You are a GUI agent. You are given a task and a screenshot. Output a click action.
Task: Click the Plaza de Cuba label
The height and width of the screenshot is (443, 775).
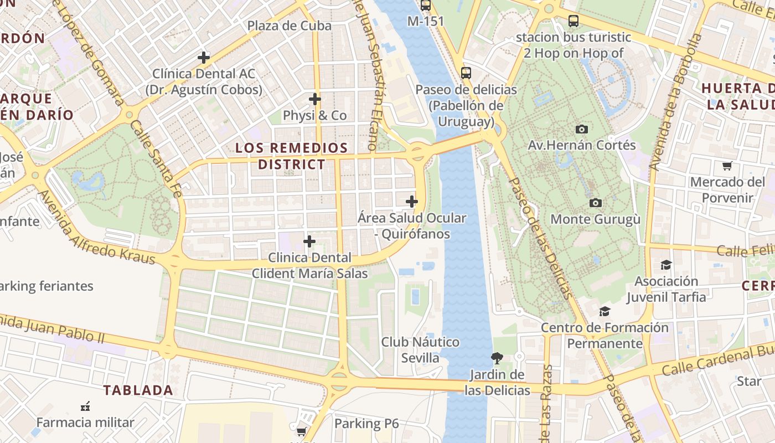coord(289,25)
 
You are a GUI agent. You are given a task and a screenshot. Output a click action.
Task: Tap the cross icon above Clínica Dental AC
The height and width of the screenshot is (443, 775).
coord(204,57)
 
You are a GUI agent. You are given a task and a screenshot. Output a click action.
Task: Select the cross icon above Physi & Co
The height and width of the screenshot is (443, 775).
coord(315,99)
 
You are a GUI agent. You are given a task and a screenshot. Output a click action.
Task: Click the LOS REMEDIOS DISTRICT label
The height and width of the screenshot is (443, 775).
coord(292,156)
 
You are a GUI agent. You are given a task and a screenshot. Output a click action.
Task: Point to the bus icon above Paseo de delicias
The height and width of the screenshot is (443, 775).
coord(466,73)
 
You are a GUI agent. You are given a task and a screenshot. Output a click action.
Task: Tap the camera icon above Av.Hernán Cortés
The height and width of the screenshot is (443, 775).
coord(581,129)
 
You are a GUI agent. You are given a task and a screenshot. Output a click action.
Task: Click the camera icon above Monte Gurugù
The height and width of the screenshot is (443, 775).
coord(595,203)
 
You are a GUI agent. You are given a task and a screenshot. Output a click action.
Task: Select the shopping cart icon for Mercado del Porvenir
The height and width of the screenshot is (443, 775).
coord(727,166)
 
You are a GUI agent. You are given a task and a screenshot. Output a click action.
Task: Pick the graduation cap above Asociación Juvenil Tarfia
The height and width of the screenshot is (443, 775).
coord(666,265)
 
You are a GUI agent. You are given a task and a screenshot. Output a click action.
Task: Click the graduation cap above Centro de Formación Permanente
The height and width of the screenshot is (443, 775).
coord(604,311)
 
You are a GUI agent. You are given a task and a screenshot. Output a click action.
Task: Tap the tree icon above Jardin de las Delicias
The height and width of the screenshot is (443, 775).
coord(497,358)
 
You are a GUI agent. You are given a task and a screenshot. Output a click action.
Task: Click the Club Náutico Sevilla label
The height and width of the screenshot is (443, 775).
coord(420,349)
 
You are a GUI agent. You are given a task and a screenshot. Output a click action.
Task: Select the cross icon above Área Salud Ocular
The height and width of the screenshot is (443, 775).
coord(412,202)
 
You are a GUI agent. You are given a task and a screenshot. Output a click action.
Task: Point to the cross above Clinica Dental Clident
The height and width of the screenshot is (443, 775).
coord(309,241)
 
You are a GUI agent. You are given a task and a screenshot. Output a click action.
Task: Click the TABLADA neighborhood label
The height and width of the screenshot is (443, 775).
coord(138,390)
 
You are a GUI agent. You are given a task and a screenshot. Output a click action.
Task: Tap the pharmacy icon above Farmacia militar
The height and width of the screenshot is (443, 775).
coord(85,406)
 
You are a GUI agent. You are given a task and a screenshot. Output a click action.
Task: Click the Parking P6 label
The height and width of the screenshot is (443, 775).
coord(366,424)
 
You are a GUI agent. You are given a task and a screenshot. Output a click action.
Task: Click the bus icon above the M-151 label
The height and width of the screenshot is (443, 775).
coord(425,6)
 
